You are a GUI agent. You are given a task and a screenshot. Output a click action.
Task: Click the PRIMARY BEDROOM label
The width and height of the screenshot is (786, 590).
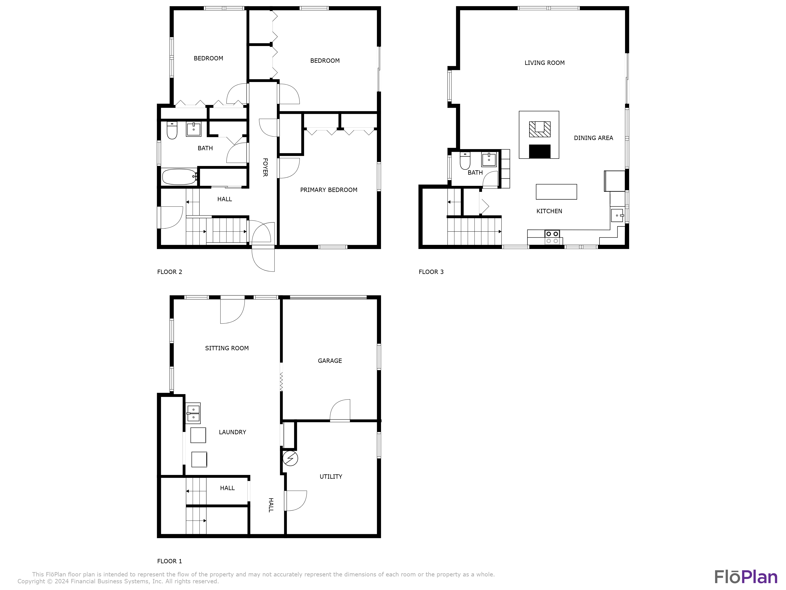(329, 190)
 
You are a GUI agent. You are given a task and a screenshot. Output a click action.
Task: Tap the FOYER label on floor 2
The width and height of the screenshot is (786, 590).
(265, 167)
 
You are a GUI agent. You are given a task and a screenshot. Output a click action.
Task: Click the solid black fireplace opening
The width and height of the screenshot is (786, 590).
(539, 151)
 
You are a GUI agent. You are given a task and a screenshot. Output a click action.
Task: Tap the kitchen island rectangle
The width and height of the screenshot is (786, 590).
(556, 192)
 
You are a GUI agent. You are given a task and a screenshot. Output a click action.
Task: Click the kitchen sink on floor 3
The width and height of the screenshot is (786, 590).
(617, 216)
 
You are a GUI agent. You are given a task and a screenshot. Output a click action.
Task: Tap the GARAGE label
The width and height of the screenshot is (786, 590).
(330, 361)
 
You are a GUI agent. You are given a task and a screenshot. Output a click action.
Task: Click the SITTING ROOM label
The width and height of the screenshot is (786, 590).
(227, 348)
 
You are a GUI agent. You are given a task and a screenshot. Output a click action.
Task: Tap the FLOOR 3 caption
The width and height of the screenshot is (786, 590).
(431, 272)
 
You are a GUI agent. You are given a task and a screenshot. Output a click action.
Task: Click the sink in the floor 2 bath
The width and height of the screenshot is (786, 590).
(194, 129)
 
